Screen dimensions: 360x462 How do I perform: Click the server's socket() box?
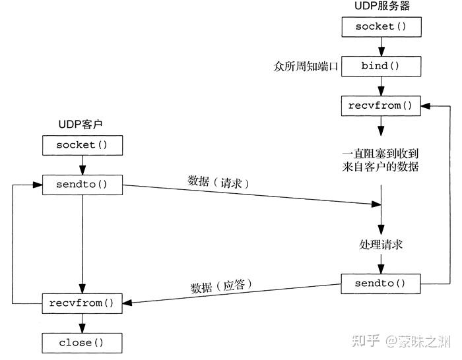(381, 28)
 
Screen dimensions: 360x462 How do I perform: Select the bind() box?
(381, 67)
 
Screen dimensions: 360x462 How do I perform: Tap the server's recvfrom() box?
(381, 105)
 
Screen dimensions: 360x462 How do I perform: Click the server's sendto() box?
(381, 284)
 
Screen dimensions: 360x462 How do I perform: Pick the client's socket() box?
(82, 144)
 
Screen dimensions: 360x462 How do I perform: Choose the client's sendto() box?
(82, 184)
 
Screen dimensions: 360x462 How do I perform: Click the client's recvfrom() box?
(82, 303)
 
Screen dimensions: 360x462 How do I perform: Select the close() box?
(82, 342)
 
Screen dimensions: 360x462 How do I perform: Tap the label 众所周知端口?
(306, 67)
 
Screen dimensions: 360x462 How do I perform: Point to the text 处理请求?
(381, 244)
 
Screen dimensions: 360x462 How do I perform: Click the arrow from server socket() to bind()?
(381, 47)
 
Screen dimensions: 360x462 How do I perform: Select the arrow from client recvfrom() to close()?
(82, 322)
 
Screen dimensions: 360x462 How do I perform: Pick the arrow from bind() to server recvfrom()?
(381, 86)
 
